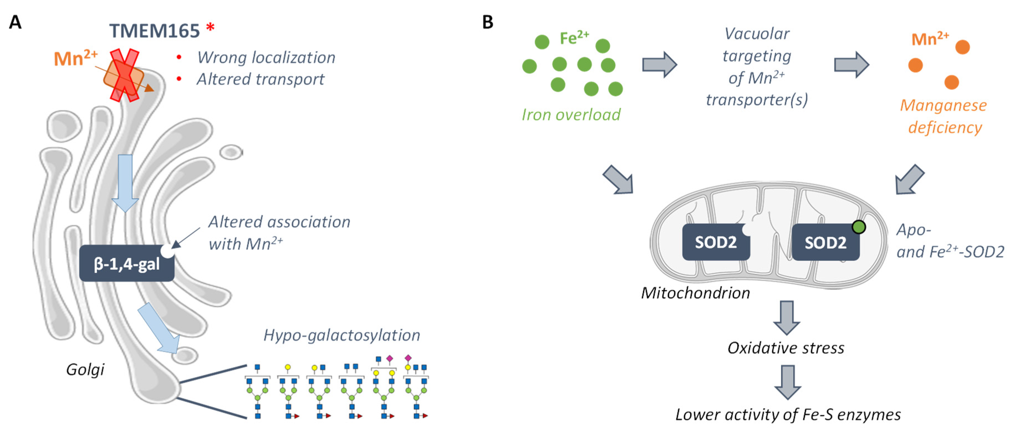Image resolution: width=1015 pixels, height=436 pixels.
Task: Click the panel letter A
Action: tap(15, 22)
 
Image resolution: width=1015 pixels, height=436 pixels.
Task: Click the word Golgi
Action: tap(85, 369)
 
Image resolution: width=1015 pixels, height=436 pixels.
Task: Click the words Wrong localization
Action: tap(266, 57)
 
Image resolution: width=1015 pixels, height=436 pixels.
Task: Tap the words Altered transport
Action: tap(261, 79)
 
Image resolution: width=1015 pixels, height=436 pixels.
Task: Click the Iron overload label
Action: tap(571, 114)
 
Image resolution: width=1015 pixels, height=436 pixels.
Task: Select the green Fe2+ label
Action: tap(574, 38)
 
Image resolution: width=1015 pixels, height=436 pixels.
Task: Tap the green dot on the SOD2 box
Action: tap(859, 227)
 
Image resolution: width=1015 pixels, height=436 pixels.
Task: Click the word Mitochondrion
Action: tap(695, 293)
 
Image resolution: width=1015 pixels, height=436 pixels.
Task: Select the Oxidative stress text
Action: tap(786, 348)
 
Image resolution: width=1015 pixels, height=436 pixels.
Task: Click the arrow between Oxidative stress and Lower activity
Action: tap(787, 381)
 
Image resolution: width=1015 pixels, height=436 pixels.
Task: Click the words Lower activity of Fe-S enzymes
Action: tap(788, 415)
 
